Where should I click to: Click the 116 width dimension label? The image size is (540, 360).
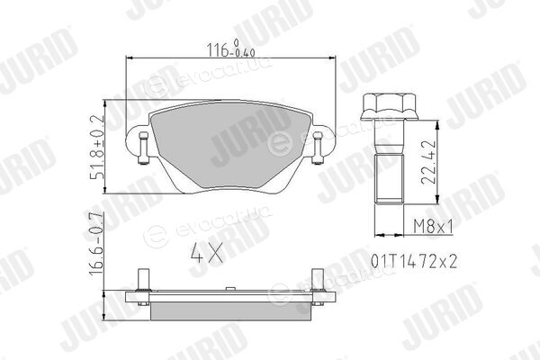[230, 49]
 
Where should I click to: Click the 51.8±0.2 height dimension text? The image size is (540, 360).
[97, 147]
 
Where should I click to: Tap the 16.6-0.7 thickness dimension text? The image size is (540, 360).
[96, 243]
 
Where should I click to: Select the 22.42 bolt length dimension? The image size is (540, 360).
[428, 162]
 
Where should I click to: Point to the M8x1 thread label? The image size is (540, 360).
[433, 226]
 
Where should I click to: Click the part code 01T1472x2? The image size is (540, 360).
[414, 262]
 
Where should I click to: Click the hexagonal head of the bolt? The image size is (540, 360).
[389, 106]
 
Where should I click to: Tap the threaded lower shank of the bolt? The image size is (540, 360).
[389, 179]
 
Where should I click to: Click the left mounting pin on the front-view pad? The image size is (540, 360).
[144, 148]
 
